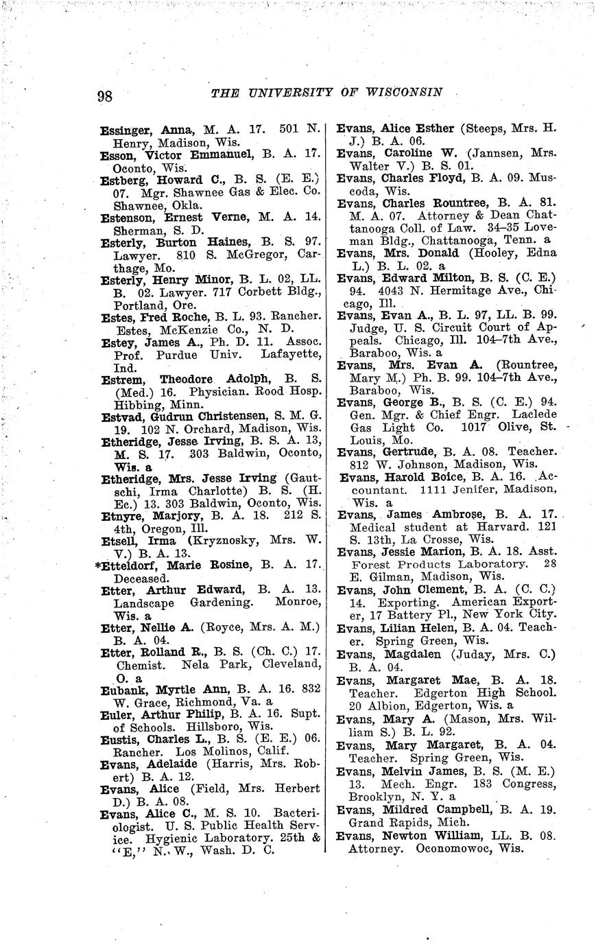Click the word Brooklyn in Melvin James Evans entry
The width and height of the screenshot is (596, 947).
pos(372,797)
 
